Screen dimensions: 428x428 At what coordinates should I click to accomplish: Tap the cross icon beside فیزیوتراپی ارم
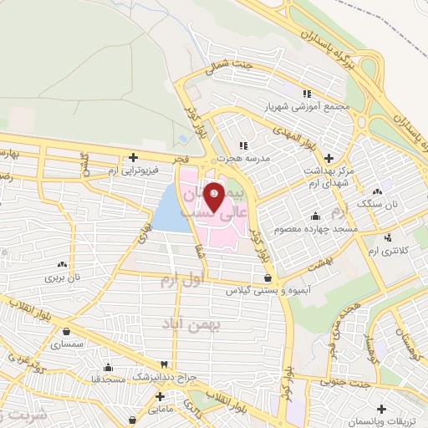pos(132,157)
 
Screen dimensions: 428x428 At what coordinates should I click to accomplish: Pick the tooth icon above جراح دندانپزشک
pos(165,366)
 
